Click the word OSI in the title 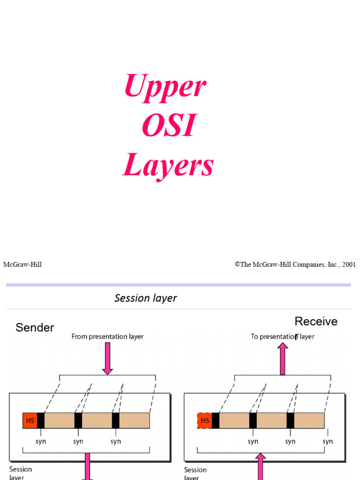[168, 126]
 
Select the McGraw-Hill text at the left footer [22, 265]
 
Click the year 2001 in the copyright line [349, 265]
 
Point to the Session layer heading [145, 298]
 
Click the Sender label [35, 328]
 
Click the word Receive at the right [316, 322]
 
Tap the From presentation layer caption [107, 337]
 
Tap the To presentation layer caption [282, 337]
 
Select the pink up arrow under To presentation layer [283, 359]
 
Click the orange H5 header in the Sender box [30, 420]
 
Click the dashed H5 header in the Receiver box [205, 420]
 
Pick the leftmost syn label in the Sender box [41, 442]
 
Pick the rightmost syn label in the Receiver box [328, 442]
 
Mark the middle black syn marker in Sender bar [78, 420]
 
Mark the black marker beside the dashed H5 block [216, 420]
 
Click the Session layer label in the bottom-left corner [21, 473]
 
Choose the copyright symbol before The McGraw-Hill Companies [238, 265]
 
